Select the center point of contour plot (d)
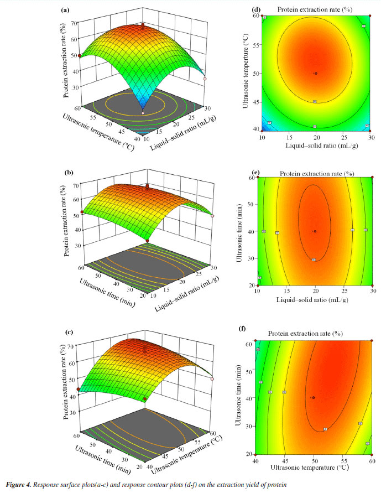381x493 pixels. click(x=316, y=73)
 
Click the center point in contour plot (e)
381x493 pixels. click(x=315, y=231)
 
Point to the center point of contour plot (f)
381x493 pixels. click(x=314, y=397)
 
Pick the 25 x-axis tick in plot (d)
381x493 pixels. click(x=344, y=136)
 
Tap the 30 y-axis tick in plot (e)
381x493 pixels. click(x=252, y=258)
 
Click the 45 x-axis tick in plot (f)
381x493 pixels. click(x=285, y=460)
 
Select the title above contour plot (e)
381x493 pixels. click(x=316, y=173)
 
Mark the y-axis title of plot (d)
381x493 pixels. click(x=244, y=72)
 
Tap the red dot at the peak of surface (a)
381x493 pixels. click(x=143, y=25)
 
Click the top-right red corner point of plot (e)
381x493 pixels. click(x=372, y=178)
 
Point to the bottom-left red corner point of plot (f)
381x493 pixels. click(x=255, y=454)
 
